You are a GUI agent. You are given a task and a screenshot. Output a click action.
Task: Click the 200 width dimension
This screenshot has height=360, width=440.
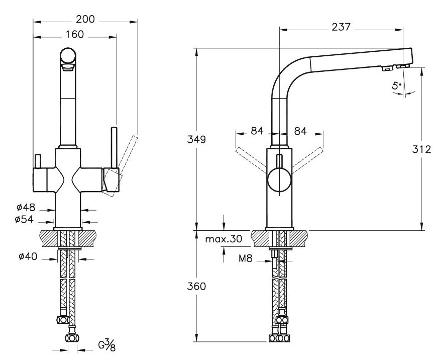86,20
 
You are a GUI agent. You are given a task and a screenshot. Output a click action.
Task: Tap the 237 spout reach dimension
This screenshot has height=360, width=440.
341,28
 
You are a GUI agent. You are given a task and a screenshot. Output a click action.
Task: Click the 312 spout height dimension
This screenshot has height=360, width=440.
421,149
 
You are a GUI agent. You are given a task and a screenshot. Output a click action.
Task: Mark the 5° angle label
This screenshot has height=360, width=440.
397,86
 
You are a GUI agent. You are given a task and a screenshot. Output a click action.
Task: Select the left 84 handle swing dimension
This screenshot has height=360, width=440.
257,132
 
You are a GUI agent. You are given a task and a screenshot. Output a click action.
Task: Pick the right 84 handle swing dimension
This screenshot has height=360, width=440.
300,132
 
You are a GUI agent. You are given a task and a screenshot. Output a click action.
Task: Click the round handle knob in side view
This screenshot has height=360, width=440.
279,180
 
